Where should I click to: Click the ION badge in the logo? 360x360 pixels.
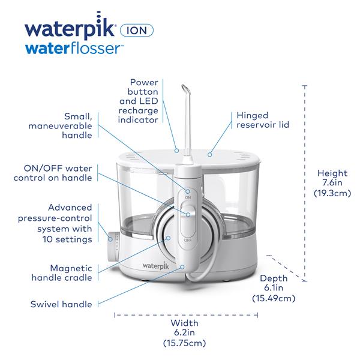137,29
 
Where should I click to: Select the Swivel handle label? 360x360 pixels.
61,304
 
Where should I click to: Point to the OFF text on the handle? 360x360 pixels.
187,239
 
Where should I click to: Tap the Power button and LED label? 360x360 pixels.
143,98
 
